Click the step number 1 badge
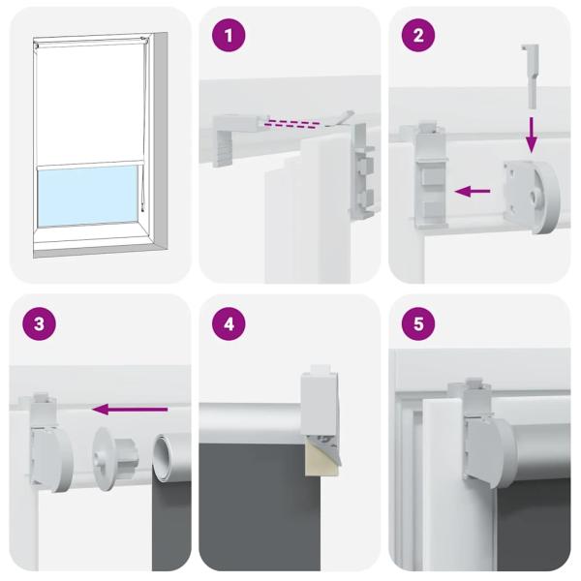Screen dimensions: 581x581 229,37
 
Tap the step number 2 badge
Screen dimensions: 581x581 418,37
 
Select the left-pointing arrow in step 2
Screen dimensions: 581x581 473,192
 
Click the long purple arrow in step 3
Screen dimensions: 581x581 129,410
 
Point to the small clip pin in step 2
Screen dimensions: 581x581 533,74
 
